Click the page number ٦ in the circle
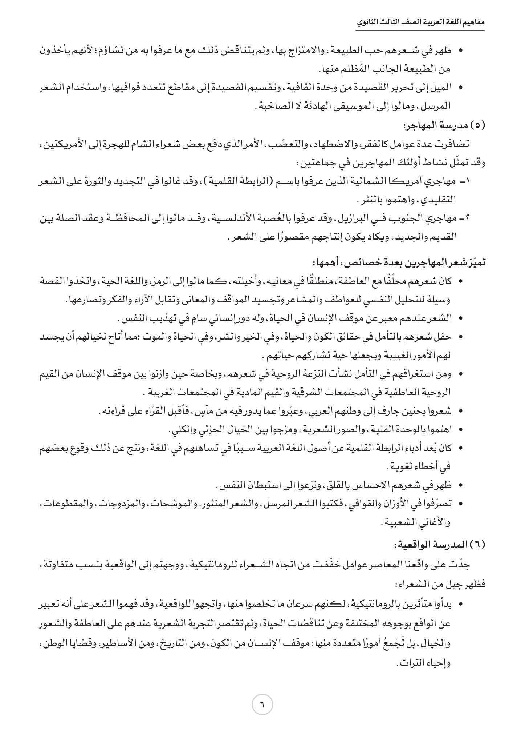point(262,706)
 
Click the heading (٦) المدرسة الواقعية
point(440,545)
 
